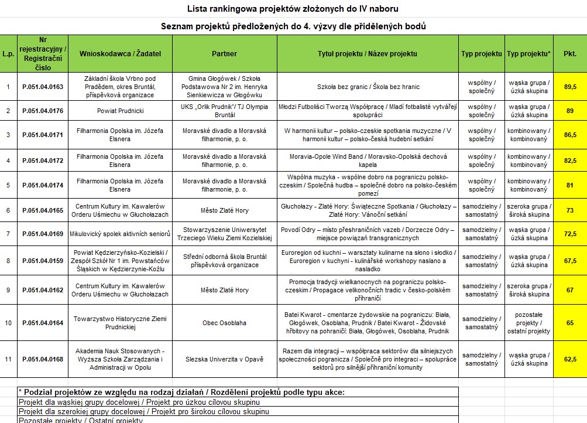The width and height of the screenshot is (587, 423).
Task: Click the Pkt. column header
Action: point(569,53)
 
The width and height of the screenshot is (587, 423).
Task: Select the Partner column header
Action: point(224,53)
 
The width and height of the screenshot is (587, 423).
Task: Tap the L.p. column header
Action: point(8,53)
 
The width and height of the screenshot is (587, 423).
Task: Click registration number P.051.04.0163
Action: point(43,87)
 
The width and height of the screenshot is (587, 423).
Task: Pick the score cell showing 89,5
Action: point(569,87)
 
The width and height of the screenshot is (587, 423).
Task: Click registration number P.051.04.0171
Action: point(43,135)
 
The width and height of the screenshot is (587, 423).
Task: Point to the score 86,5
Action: point(569,135)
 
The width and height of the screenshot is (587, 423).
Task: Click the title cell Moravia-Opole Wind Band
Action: point(368,160)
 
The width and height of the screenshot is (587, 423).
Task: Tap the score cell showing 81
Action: point(569,185)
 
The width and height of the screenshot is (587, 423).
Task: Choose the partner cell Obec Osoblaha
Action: point(224,323)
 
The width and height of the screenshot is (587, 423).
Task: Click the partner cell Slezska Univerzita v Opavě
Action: point(224,359)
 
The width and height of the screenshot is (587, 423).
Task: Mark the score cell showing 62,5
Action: point(569,359)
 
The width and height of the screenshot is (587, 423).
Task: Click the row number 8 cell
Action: point(8,261)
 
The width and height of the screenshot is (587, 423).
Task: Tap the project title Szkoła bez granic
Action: point(368,87)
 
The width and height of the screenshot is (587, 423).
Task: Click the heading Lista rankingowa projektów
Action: point(293,8)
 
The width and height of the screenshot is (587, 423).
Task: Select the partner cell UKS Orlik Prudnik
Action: point(224,110)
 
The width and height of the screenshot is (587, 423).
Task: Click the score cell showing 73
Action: point(569,210)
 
